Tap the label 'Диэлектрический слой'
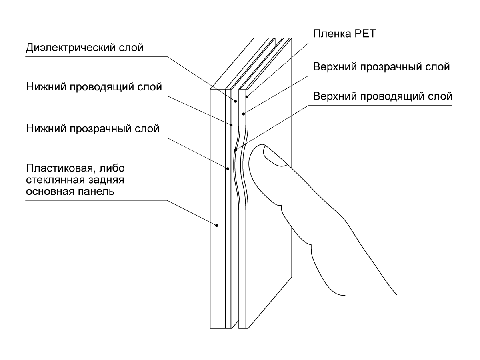tap(84, 48)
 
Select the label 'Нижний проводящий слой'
tap(94, 87)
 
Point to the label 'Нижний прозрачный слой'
tap(93, 129)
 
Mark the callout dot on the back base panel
tap(217, 225)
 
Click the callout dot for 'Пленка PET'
tap(248, 96)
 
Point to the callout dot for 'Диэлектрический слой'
tap(236, 101)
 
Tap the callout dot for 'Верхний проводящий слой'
tap(236, 150)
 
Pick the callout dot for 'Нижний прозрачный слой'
tap(228, 168)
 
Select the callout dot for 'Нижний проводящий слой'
tap(231, 125)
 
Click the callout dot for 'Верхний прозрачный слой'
tap(243, 114)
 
